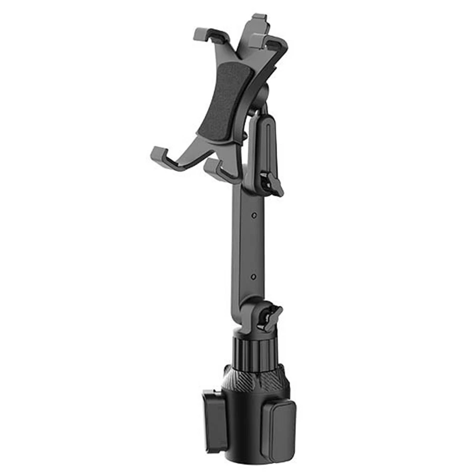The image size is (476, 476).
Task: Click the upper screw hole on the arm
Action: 254,216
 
